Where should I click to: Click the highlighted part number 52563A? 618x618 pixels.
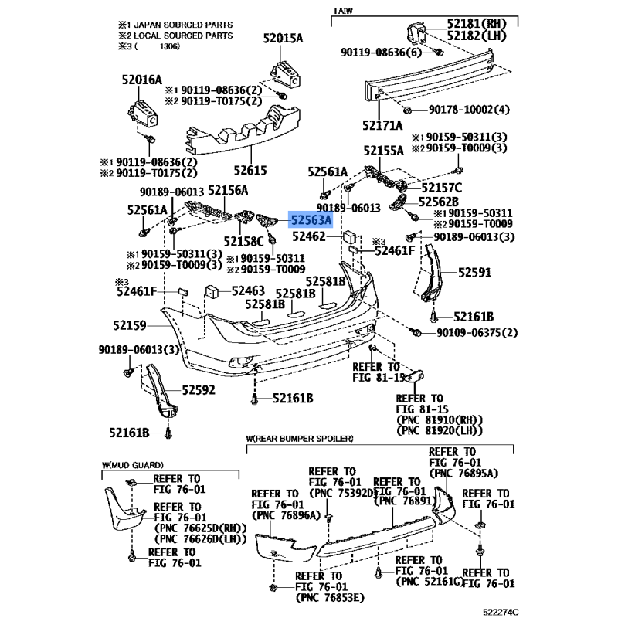[311, 220]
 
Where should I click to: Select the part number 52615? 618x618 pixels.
[250, 170]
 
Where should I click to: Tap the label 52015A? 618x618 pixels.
[283, 38]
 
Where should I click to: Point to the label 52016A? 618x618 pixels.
[142, 80]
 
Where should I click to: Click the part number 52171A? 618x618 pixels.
[382, 125]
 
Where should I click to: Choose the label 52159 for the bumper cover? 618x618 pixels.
[129, 325]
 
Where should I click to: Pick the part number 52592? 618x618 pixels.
[199, 390]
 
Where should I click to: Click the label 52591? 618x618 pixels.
[474, 273]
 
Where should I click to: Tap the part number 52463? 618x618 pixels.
[248, 291]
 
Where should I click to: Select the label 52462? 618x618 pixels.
[308, 236]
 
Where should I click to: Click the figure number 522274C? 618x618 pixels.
[501, 612]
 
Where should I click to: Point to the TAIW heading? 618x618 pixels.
[342, 11]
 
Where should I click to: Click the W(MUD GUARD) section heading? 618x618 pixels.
[132, 465]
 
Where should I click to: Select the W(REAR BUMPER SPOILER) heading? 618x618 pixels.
[300, 438]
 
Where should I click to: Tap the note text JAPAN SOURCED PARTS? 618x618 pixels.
[183, 25]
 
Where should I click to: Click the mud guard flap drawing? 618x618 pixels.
[124, 509]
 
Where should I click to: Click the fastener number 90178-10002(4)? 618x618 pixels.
[469, 109]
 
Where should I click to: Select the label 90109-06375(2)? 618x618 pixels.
[477, 333]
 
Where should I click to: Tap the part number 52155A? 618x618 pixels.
[383, 151]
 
